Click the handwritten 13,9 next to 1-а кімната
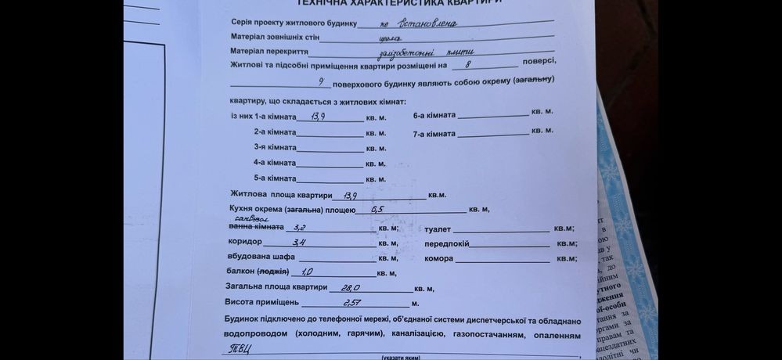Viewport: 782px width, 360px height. coord(319,117)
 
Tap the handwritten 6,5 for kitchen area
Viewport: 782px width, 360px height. coord(377,209)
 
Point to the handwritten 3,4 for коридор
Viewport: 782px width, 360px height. coord(298,243)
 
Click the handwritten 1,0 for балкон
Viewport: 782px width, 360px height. coord(307,272)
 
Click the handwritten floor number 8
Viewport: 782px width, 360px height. coord(467,66)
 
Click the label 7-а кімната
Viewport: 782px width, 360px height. coord(434,134)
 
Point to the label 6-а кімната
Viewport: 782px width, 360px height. coord(434,115)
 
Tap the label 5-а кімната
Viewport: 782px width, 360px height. coord(275,178)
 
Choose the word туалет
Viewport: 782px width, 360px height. coord(438,229)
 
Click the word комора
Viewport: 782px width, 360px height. coord(438,258)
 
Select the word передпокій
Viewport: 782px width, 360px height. coord(446,243)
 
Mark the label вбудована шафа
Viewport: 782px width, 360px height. coord(261,257)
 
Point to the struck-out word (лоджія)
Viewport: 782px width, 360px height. coord(273,272)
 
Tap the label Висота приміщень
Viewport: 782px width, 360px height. coord(262,302)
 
